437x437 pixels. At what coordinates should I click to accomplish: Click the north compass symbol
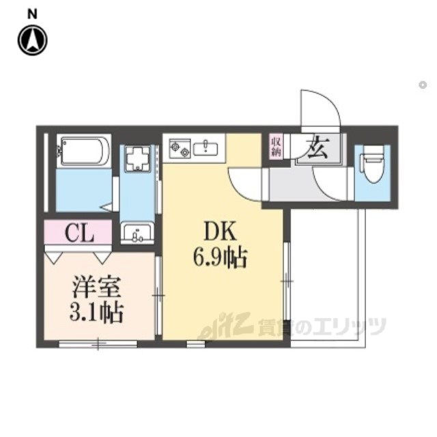click(32, 40)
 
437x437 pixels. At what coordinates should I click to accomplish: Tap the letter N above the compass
click(32, 14)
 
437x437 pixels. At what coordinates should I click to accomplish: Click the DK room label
click(220, 231)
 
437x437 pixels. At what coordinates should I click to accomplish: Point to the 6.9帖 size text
click(220, 258)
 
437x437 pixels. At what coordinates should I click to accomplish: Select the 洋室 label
click(96, 287)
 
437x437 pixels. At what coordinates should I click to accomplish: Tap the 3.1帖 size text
click(96, 313)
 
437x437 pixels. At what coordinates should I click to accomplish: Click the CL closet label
click(79, 234)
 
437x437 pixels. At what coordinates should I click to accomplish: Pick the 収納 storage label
click(276, 147)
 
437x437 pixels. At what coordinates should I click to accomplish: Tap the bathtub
click(84, 151)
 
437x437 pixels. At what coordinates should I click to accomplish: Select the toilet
click(372, 165)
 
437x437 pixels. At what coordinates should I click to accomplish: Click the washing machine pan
click(137, 158)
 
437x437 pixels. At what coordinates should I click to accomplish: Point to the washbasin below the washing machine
click(137, 233)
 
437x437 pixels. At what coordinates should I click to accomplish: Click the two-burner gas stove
click(180, 149)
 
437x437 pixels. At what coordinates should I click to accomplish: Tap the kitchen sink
click(206, 147)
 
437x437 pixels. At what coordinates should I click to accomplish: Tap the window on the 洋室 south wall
click(98, 343)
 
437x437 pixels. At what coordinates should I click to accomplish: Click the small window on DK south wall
click(196, 344)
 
